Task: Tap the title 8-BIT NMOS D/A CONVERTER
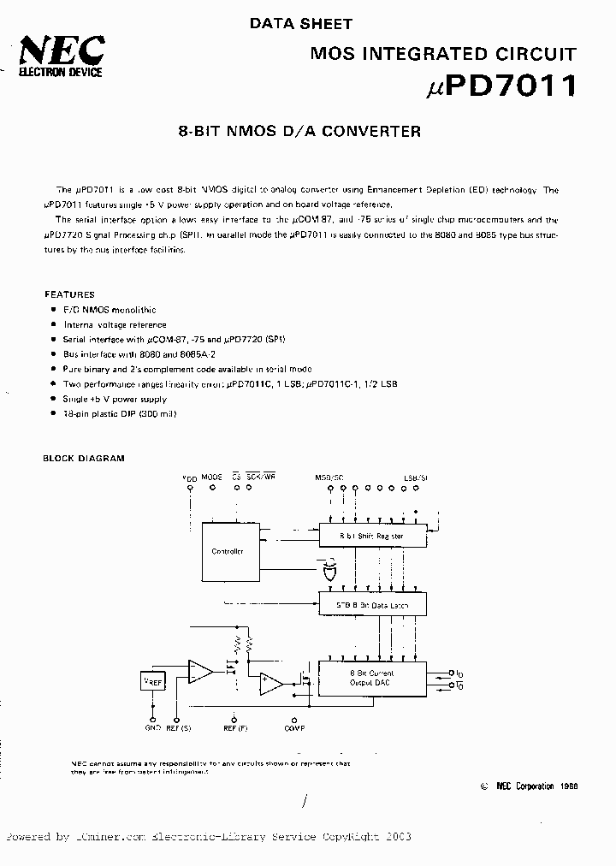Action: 299,132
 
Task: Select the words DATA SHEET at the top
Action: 300,24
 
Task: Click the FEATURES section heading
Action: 69,294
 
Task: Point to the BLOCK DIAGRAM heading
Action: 84,458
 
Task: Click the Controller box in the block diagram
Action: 228,550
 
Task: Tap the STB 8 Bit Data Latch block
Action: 372,604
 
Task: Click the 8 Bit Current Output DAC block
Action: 372,679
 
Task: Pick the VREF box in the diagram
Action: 152,682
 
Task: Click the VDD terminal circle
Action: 189,489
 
